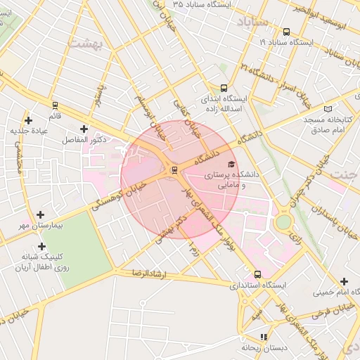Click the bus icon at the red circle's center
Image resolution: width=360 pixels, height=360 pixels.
click(174, 169)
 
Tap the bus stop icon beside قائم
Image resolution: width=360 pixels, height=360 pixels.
click(55, 105)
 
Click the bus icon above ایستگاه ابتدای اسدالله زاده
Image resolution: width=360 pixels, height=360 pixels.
click(224, 89)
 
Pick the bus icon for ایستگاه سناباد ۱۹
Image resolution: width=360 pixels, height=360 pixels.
click(286, 32)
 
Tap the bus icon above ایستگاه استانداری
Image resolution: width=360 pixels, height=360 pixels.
click(257, 274)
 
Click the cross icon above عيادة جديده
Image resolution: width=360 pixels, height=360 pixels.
click(28, 120)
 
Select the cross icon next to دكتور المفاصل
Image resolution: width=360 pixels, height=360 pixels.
click(85, 129)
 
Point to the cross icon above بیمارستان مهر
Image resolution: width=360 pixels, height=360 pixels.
click(40, 214)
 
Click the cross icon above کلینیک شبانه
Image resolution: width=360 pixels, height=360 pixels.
click(42, 246)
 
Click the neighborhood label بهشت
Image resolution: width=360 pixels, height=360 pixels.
click(86, 44)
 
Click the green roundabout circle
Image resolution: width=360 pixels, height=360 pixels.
click(283, 222)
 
